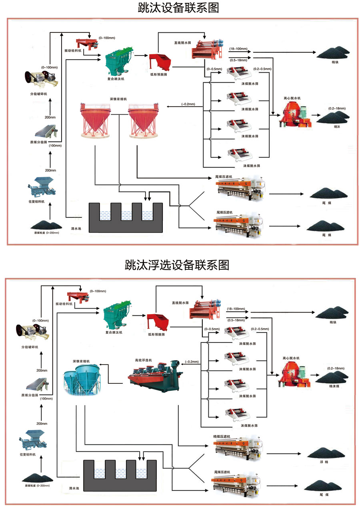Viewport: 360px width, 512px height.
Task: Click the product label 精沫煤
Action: pyautogui.click(x=334, y=386)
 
